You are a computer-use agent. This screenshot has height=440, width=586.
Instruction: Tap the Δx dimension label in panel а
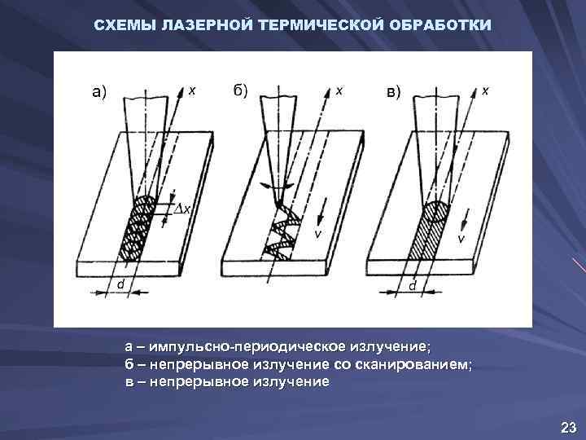pyautogui.click(x=184, y=209)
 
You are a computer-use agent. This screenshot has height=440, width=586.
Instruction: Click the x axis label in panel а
pyautogui.click(x=192, y=91)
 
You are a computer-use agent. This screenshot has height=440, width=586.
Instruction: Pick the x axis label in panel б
pyautogui.click(x=339, y=91)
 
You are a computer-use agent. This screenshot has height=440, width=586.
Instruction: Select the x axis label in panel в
pyautogui.click(x=486, y=91)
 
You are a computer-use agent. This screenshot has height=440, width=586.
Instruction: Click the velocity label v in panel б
pyautogui.click(x=319, y=234)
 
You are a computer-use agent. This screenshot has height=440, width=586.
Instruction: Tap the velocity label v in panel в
pyautogui.click(x=461, y=239)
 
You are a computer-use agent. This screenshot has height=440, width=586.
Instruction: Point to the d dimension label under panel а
pyautogui.click(x=120, y=285)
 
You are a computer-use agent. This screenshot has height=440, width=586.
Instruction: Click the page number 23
pyautogui.click(x=567, y=427)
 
